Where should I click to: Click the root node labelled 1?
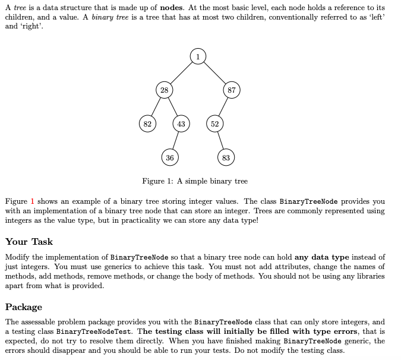(198, 56)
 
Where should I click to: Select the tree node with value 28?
(164, 90)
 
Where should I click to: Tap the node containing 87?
(232, 90)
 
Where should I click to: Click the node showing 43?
(181, 124)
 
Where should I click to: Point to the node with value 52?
(215, 124)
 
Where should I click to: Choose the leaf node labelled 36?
(170, 157)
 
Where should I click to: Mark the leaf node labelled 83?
(226, 157)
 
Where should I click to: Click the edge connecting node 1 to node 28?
(181, 73)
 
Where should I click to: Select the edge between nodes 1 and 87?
(214, 73)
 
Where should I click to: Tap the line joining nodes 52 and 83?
(220, 141)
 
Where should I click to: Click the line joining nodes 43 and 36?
(176, 141)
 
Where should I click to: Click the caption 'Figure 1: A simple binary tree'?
(195, 181)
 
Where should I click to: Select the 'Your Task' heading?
(29, 242)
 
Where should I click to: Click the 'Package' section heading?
(24, 307)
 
